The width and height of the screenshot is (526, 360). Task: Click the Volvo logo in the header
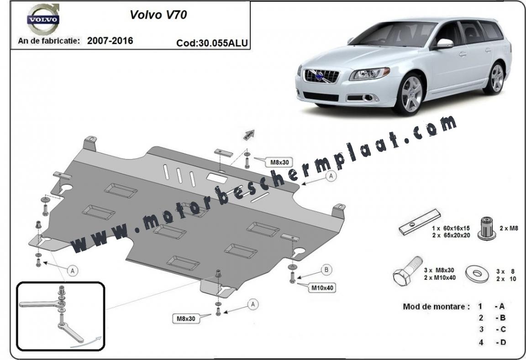[43, 19]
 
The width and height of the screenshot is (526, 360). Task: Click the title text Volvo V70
[158, 15]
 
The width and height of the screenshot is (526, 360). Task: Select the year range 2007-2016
[110, 41]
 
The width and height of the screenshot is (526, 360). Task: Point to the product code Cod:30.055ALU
[212, 43]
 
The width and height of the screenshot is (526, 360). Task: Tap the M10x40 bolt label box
[322, 287]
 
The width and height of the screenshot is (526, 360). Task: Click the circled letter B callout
[326, 270]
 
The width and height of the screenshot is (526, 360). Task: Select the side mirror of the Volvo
[444, 43]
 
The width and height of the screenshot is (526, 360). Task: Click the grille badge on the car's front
[321, 76]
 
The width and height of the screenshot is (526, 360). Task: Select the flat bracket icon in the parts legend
[420, 222]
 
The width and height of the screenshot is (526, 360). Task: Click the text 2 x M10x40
[440, 277]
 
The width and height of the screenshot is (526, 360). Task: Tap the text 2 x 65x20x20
[451, 235]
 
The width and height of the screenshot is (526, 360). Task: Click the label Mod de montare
[436, 306]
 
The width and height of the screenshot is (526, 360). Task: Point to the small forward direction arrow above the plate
[248, 135]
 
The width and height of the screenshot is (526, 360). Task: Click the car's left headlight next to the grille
[369, 74]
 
